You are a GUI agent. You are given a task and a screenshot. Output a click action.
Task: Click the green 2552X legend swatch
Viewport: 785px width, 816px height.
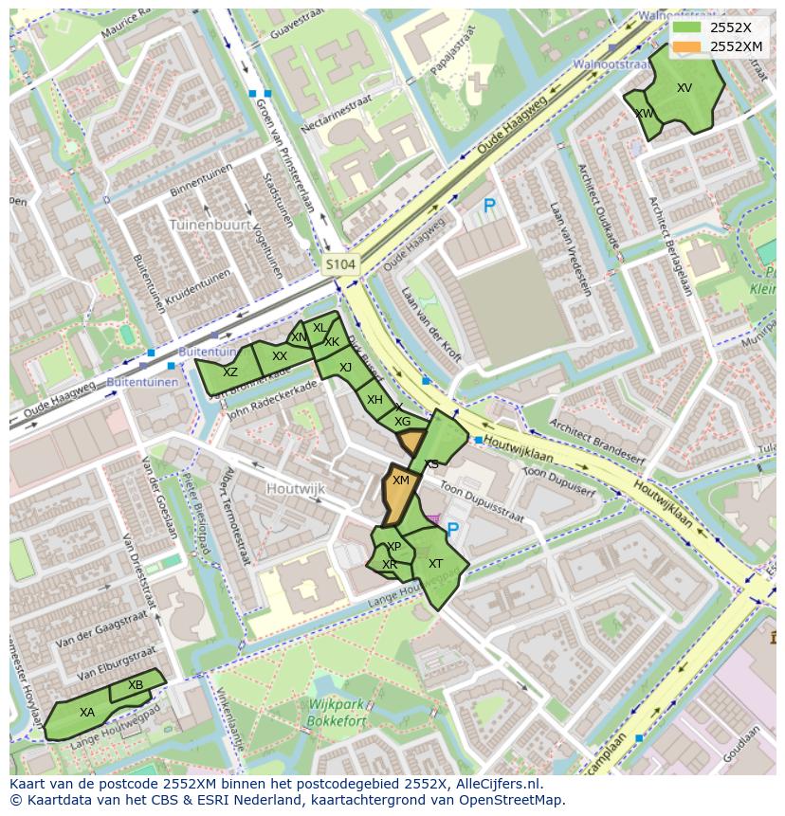(x=686, y=27)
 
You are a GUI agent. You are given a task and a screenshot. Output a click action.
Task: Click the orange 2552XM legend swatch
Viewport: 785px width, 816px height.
(x=686, y=46)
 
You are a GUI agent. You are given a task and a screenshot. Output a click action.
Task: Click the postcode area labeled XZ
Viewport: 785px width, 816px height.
(x=229, y=373)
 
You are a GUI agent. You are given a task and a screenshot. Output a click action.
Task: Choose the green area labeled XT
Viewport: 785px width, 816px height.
(x=436, y=564)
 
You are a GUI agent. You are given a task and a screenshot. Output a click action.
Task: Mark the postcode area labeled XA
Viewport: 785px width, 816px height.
(x=86, y=713)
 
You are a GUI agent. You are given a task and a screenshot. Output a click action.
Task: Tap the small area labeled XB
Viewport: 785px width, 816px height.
(x=136, y=685)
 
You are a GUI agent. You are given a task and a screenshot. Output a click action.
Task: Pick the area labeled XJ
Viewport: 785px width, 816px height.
(x=345, y=368)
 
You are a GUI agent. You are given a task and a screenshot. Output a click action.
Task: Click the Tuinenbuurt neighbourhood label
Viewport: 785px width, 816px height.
(x=210, y=226)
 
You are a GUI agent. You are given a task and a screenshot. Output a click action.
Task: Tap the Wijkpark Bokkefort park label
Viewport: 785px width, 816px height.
(x=330, y=713)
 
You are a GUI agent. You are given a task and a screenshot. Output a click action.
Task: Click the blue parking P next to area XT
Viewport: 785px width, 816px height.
(x=452, y=531)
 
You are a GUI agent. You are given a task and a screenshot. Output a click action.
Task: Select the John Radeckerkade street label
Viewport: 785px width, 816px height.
(x=271, y=399)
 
